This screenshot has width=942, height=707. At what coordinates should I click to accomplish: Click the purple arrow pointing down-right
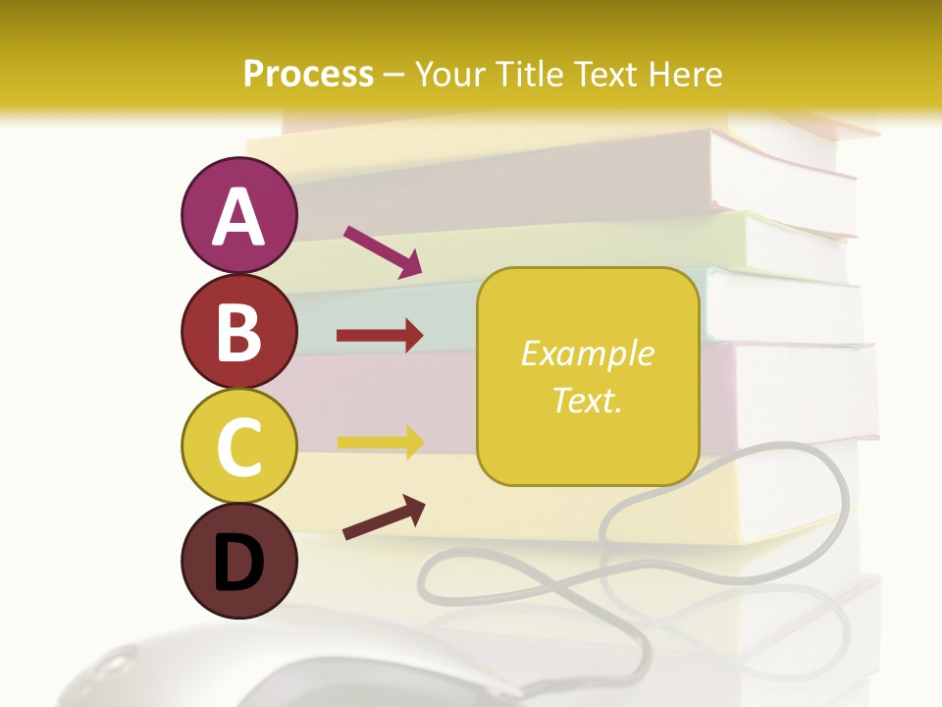(383, 250)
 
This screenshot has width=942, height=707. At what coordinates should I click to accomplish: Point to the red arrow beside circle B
(380, 336)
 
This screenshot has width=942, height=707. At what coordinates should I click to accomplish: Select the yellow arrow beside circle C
(380, 442)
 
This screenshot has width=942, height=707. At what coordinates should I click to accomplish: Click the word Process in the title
(308, 74)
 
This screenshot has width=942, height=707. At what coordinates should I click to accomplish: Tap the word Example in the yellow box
(588, 353)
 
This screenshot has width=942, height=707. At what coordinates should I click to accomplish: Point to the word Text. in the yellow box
(588, 400)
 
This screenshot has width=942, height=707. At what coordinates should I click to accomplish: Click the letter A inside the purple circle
(238, 217)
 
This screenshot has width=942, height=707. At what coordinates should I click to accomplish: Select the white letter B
(238, 332)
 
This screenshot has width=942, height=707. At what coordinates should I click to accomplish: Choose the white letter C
(238, 447)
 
